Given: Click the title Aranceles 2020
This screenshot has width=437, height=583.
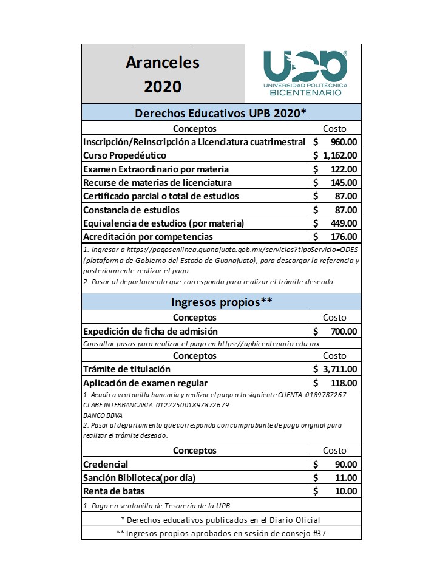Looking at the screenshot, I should pos(163,74).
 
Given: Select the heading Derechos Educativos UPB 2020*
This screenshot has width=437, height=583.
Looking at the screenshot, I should pos(221,113).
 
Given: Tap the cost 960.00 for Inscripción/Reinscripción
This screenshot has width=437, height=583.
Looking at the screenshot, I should pos(344,142).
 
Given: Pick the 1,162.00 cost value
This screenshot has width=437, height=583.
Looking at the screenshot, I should pos(339,155).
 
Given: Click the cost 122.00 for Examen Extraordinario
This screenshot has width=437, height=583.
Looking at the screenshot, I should pos(345,169).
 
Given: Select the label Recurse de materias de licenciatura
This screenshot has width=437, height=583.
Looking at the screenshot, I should pos(157,182).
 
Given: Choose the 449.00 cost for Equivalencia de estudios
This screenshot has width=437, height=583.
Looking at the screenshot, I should pos(345,223).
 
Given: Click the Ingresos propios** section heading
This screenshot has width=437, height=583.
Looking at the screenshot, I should pos(221,302).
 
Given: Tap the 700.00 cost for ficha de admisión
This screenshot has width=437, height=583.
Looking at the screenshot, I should pos(345,331).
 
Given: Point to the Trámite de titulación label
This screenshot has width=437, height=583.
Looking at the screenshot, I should pos(127,369).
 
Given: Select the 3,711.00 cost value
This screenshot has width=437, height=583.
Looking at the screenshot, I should pos(339,369).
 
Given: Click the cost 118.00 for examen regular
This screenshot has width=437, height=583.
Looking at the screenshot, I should pos(345,383).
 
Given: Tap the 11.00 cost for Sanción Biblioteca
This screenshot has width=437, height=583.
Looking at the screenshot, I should pos(347,477).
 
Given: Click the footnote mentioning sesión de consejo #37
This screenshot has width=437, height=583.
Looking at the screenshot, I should pos(221,533).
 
